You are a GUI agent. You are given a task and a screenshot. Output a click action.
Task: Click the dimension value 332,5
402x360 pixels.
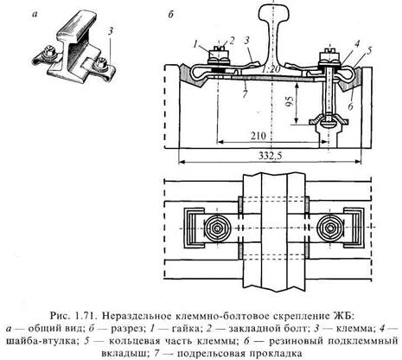(x=271, y=156)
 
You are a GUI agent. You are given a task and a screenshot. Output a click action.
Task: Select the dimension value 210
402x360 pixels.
(x=258, y=136)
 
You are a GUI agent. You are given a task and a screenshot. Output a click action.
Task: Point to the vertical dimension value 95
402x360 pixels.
(x=290, y=100)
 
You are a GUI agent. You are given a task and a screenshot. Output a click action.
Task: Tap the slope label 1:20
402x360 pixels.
(x=271, y=69)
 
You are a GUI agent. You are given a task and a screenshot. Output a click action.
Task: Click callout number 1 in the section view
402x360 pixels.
(x=196, y=45)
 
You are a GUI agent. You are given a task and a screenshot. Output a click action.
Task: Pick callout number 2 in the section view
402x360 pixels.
(x=233, y=41)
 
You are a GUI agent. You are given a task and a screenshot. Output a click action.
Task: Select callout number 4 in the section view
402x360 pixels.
(x=357, y=44)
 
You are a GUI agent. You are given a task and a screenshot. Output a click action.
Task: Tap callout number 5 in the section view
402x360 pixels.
(x=368, y=51)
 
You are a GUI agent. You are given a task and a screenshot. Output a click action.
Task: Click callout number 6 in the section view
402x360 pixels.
(x=350, y=106)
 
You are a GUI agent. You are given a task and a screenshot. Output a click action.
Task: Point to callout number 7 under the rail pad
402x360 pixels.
(x=245, y=94)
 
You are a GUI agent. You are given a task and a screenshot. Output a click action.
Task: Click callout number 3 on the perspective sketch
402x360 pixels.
(x=111, y=31)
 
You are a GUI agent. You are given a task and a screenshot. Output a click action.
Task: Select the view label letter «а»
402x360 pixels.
(x=35, y=15)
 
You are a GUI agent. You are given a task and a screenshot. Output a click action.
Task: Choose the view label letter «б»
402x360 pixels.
(x=171, y=14)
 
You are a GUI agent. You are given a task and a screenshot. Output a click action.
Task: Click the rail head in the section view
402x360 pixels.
(x=272, y=11)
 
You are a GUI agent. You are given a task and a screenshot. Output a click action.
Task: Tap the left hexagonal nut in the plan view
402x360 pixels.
(x=216, y=228)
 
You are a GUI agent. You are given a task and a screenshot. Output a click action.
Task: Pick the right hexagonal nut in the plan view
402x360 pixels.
(x=329, y=228)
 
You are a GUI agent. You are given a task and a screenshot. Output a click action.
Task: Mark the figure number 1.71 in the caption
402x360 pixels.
(x=86, y=315)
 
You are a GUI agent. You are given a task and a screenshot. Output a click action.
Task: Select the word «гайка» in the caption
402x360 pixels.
(x=186, y=329)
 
